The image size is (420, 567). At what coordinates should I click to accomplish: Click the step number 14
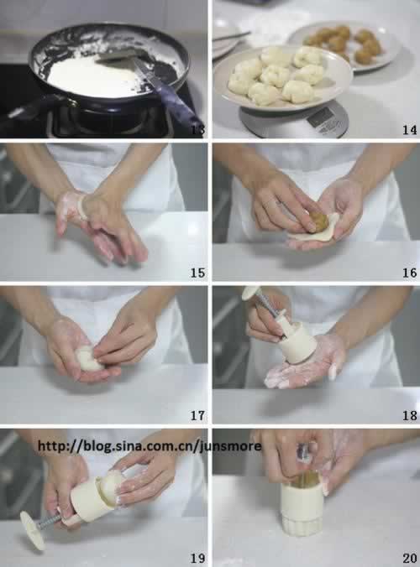tap(410, 130)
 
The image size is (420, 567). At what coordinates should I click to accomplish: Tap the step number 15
tap(197, 273)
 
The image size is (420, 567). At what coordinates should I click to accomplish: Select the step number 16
tap(410, 273)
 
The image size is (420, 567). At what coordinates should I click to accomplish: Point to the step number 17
tap(197, 415)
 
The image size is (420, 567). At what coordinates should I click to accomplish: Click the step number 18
tap(410, 415)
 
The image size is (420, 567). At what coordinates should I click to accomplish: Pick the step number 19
tap(197, 559)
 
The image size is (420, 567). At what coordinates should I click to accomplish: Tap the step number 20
tap(410, 559)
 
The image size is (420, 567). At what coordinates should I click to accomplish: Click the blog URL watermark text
tap(150, 446)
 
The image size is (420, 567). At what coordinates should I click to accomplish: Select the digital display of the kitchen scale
tap(319, 117)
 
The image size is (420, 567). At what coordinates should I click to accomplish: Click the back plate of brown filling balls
tap(346, 45)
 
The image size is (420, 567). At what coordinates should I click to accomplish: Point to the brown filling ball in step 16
tap(319, 222)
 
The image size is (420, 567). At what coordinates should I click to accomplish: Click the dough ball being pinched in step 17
tap(87, 358)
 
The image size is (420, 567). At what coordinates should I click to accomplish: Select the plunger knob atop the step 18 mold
tap(250, 292)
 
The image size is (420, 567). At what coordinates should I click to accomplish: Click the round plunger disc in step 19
tap(33, 530)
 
